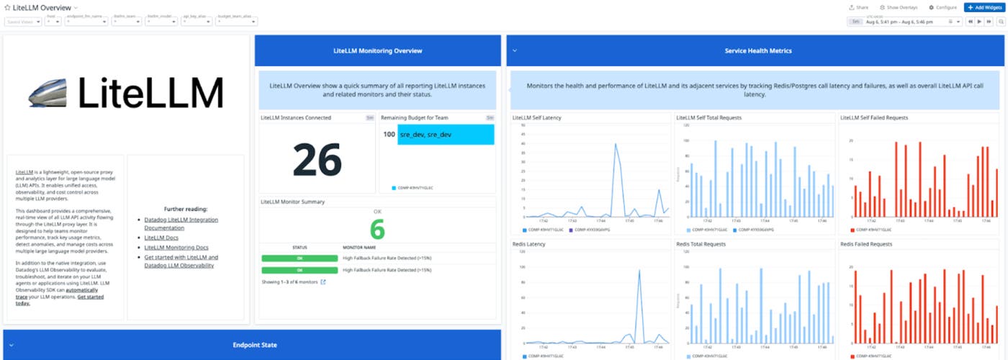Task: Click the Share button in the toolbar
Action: (x=859, y=7)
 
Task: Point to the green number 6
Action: (x=378, y=230)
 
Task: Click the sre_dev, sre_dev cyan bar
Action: (x=445, y=135)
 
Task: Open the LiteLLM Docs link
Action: (x=161, y=238)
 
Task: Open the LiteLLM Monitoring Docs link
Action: (x=176, y=248)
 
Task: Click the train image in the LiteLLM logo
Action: (x=49, y=94)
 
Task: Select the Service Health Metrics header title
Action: (x=757, y=51)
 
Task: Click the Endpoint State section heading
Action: (x=254, y=345)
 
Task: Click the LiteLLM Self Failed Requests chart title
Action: (x=874, y=117)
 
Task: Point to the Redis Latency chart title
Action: (x=528, y=245)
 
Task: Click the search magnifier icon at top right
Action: (x=1001, y=22)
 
